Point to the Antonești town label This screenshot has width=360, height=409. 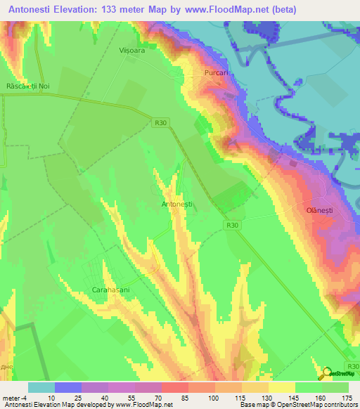click(x=177, y=204)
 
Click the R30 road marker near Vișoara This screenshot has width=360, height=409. click(x=161, y=122)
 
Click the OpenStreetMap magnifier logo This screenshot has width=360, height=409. click(x=327, y=373)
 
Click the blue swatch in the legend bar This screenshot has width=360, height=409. click(x=67, y=387)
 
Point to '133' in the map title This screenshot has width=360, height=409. click(x=116, y=10)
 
